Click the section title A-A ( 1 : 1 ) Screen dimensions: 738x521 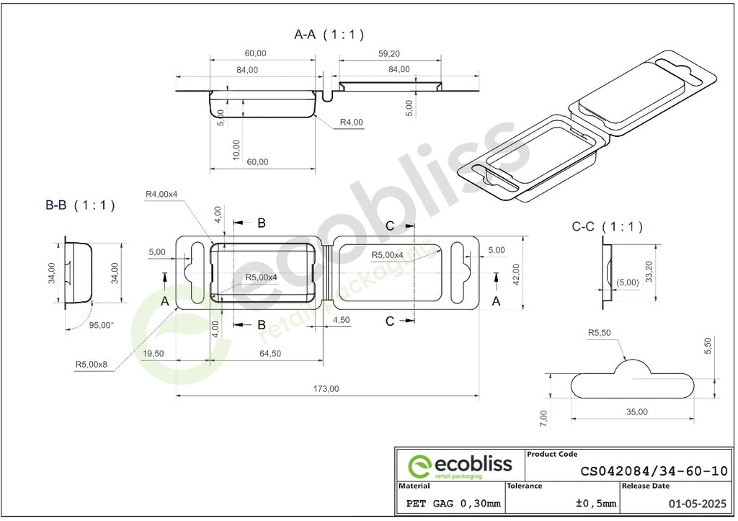coord(329,35)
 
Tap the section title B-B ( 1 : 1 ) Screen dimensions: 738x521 coord(80,205)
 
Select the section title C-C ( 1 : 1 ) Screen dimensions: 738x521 coord(607,227)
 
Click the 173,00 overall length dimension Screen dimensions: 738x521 coord(326,388)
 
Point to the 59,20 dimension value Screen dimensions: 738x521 coord(388,53)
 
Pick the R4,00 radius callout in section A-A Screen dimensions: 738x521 coord(352,123)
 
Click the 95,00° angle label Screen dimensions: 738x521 coord(101,325)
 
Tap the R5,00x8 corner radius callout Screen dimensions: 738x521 coord(92,365)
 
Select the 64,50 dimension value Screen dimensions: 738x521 coord(270,353)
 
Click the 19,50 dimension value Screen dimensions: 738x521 coord(153,353)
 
